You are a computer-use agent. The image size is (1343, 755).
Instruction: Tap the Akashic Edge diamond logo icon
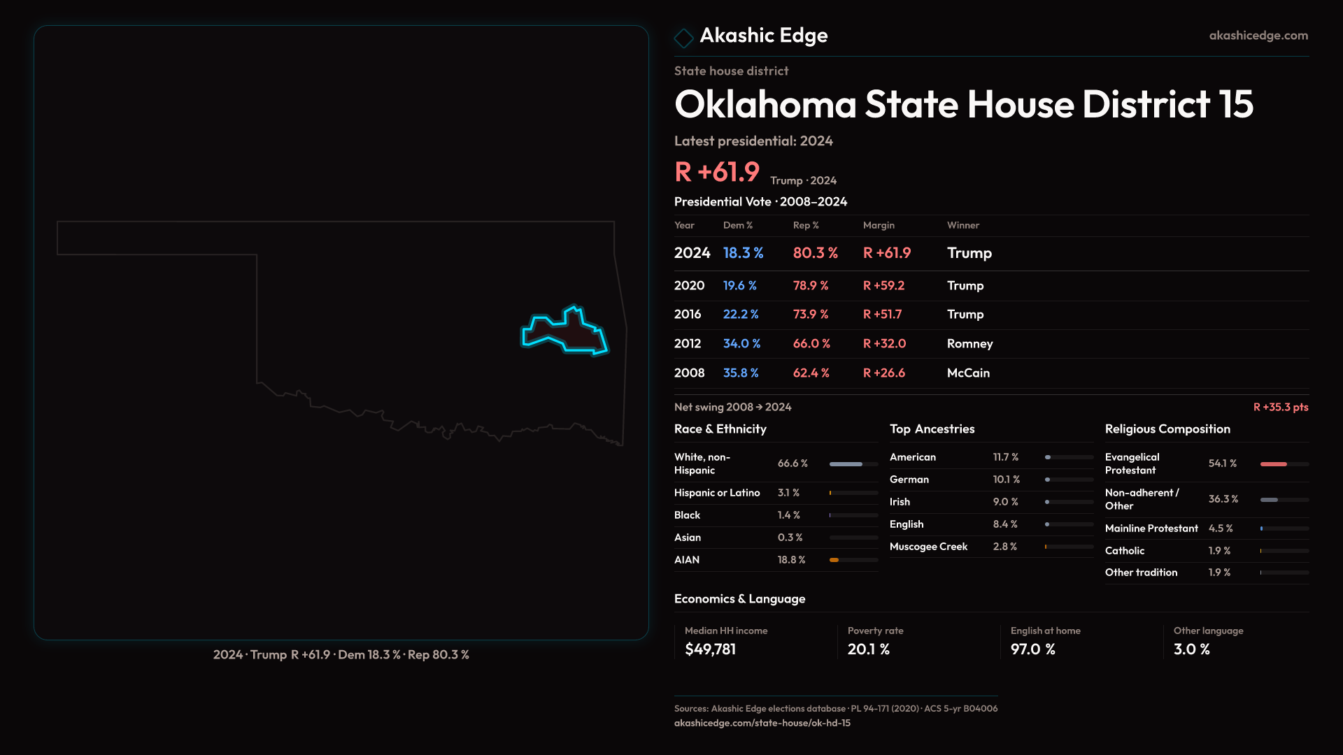pyautogui.click(x=683, y=38)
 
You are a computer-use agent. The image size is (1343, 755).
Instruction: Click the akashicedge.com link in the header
pyautogui.click(x=1258, y=36)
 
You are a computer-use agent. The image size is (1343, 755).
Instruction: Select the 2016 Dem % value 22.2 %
pyautogui.click(x=740, y=315)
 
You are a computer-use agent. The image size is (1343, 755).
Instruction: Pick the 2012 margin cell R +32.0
pyautogui.click(x=884, y=344)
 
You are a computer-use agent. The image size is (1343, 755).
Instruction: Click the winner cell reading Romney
pyautogui.click(x=969, y=344)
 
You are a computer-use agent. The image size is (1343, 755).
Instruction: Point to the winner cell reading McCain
pyautogui.click(x=968, y=373)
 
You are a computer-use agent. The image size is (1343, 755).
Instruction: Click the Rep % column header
pyautogui.click(x=805, y=225)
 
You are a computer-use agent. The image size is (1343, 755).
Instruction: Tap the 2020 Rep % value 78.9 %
pyautogui.click(x=810, y=286)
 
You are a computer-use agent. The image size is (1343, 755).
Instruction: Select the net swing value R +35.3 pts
pyautogui.click(x=1280, y=407)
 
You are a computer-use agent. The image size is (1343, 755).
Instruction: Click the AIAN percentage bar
pyautogui.click(x=853, y=560)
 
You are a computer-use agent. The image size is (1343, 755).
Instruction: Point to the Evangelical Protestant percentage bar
pyautogui.click(x=1284, y=464)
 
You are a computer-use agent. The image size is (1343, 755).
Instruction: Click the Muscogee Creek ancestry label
pyautogui.click(x=928, y=547)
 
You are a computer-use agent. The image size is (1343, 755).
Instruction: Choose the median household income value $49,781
pyautogui.click(x=710, y=649)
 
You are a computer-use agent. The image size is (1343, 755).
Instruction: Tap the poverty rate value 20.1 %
pyautogui.click(x=868, y=649)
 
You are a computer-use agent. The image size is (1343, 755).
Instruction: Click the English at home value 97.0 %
pyautogui.click(x=1032, y=649)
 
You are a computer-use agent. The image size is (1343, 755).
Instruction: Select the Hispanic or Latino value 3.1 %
pyautogui.click(x=788, y=493)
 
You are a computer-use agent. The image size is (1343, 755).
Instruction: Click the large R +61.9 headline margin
pyautogui.click(x=716, y=172)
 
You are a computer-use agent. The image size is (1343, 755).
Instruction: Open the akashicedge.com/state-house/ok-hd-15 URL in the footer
pyautogui.click(x=762, y=723)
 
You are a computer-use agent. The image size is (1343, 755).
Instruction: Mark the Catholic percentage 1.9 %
pyautogui.click(x=1219, y=551)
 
